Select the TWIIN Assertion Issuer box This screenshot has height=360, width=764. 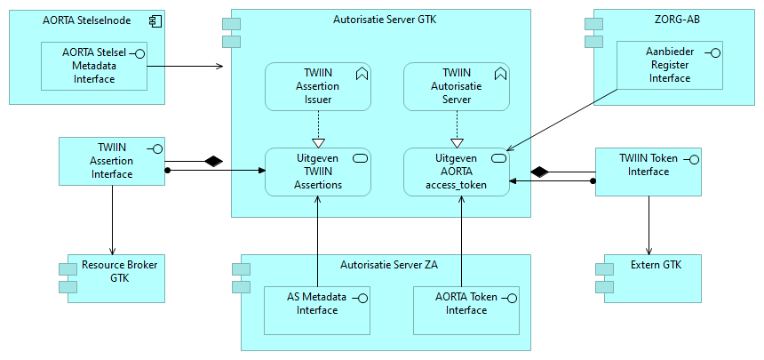pyautogui.click(x=317, y=86)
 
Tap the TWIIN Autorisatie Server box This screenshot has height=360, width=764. pyautogui.click(x=457, y=86)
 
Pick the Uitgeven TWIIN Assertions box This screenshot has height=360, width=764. pyautogui.click(x=317, y=172)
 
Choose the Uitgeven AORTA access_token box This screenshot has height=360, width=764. pyautogui.click(x=457, y=172)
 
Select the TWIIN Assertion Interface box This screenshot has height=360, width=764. pyautogui.click(x=112, y=161)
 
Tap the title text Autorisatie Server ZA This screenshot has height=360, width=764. pyautogui.click(x=389, y=264)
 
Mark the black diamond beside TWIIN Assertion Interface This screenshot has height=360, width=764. pyautogui.click(x=211, y=161)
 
